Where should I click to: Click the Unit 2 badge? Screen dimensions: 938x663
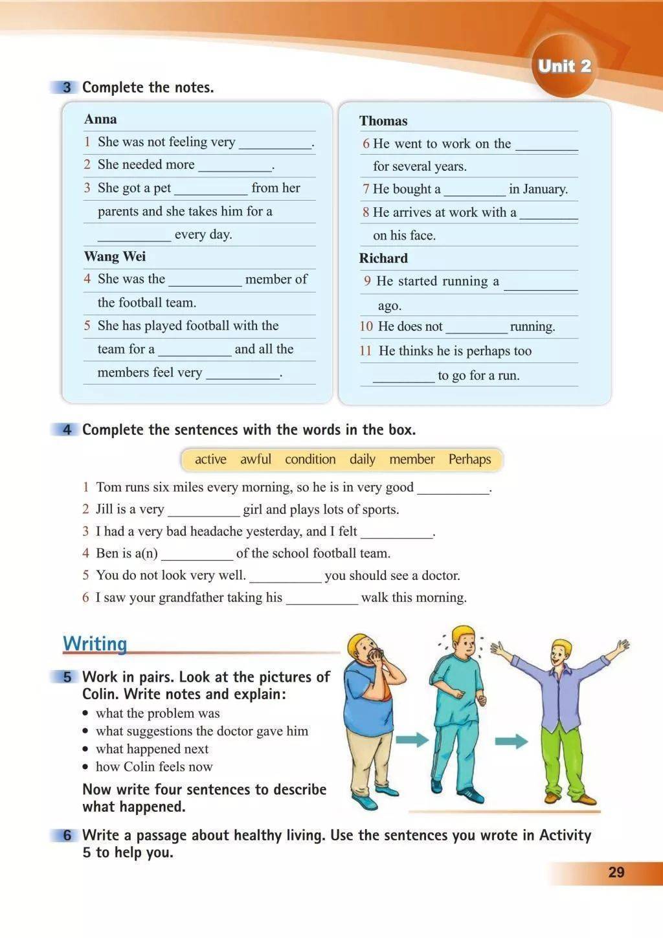click(565, 66)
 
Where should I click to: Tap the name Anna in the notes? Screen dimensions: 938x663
click(100, 119)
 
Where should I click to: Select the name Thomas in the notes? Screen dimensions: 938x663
click(383, 121)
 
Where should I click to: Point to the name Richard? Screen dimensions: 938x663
click(383, 258)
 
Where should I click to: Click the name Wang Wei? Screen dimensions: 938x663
click(115, 256)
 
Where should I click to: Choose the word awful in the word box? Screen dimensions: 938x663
click(256, 460)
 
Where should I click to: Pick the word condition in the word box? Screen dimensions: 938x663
click(310, 460)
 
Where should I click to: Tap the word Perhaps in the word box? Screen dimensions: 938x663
click(469, 460)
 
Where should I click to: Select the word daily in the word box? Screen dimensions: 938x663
click(363, 460)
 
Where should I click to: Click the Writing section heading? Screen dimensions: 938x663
click(95, 644)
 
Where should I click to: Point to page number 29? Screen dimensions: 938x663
click(616, 872)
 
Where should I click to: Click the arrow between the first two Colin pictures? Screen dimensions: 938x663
click(412, 739)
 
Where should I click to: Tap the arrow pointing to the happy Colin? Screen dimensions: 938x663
click(511, 740)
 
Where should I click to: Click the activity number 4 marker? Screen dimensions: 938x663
click(67, 430)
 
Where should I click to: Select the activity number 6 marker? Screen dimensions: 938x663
click(67, 836)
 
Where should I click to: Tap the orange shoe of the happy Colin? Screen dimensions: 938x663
click(585, 800)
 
